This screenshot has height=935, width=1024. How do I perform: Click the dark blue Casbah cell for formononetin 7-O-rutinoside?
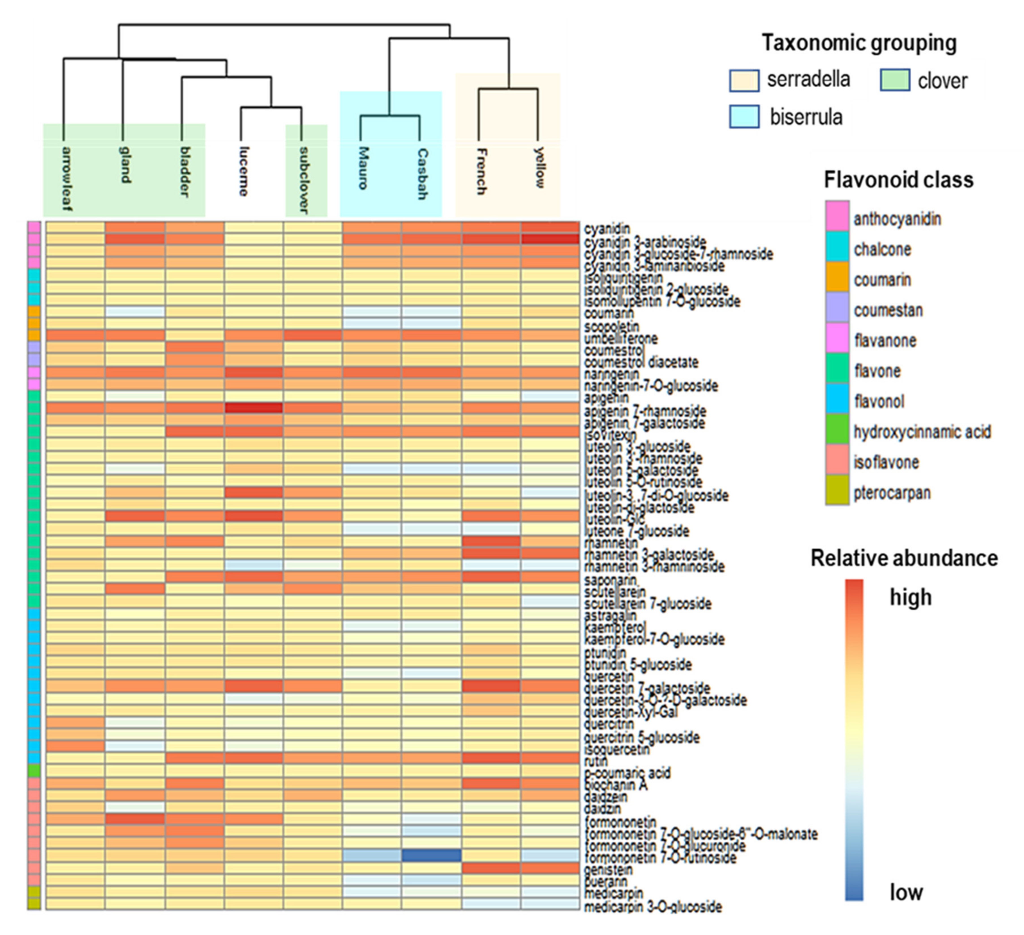coord(431,855)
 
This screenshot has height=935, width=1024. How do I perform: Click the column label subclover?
coord(303,180)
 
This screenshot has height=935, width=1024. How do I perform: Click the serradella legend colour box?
coord(744,81)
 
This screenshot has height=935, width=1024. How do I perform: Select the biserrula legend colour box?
coord(744,117)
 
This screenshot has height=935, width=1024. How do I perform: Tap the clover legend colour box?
coord(894,81)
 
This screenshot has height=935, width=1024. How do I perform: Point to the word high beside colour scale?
coord(910,597)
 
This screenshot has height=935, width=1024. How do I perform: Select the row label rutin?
coord(595,761)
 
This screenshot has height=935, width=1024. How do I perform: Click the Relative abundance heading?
coord(904,558)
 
